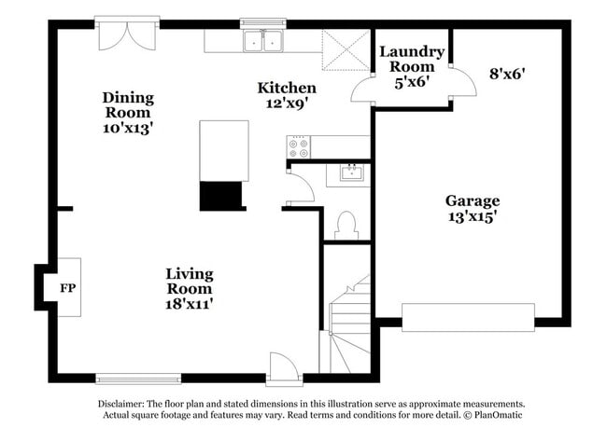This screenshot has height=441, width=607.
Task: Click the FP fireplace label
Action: [x=68, y=288]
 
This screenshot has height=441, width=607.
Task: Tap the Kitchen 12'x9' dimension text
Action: [x=287, y=103]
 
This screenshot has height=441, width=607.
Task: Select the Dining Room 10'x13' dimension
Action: [x=128, y=128]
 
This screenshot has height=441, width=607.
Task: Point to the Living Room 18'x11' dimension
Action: [x=190, y=304]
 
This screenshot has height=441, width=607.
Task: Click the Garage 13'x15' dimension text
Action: [x=473, y=216]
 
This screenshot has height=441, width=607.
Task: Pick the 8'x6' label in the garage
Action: [x=507, y=74]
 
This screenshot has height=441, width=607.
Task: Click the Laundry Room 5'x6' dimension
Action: [x=412, y=82]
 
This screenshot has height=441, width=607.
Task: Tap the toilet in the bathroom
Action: [x=346, y=226]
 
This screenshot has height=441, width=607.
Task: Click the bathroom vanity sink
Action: [x=352, y=172]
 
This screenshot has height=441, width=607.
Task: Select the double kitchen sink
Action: [x=263, y=41]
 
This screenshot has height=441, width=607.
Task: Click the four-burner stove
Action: [x=299, y=147]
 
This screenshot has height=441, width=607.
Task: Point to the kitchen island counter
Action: [x=224, y=151]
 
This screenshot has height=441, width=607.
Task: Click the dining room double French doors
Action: [x=127, y=34]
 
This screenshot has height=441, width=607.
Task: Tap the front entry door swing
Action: [x=284, y=367]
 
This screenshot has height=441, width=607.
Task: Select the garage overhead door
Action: [x=469, y=317]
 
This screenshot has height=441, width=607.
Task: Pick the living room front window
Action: [x=138, y=379]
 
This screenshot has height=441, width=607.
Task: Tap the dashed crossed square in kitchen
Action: [x=346, y=50]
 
